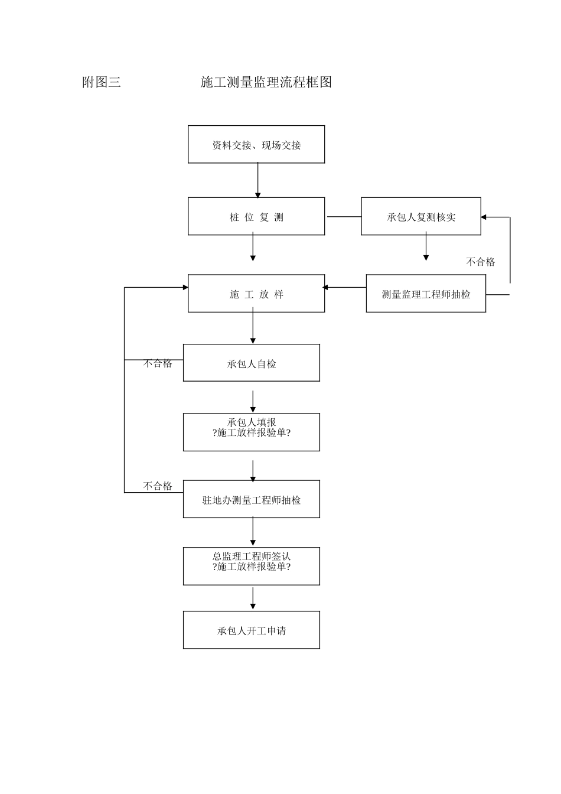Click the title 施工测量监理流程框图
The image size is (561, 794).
[x=266, y=82]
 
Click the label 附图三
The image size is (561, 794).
[x=102, y=82]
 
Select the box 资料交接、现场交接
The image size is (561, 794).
[x=256, y=144]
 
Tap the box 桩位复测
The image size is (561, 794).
[x=256, y=216]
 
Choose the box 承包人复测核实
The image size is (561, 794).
[x=421, y=216]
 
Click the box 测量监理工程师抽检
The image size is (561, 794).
[x=426, y=294]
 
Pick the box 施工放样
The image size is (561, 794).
[x=256, y=294]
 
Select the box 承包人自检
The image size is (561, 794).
[x=252, y=363]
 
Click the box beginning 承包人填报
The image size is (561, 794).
[x=252, y=432]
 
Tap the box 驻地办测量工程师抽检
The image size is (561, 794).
[x=252, y=499]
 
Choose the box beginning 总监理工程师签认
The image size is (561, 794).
[x=252, y=566]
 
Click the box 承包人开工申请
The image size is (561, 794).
[x=252, y=630]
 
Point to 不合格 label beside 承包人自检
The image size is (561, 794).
[x=158, y=363]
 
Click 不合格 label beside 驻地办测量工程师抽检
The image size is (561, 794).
[x=158, y=486]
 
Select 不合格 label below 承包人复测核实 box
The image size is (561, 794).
[x=481, y=262]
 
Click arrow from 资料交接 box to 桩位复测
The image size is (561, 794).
[x=258, y=180]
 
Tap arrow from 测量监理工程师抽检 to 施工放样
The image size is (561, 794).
[x=345, y=288]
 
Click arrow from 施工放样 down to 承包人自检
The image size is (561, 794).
[x=253, y=328]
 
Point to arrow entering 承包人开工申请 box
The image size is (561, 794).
[x=253, y=598]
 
